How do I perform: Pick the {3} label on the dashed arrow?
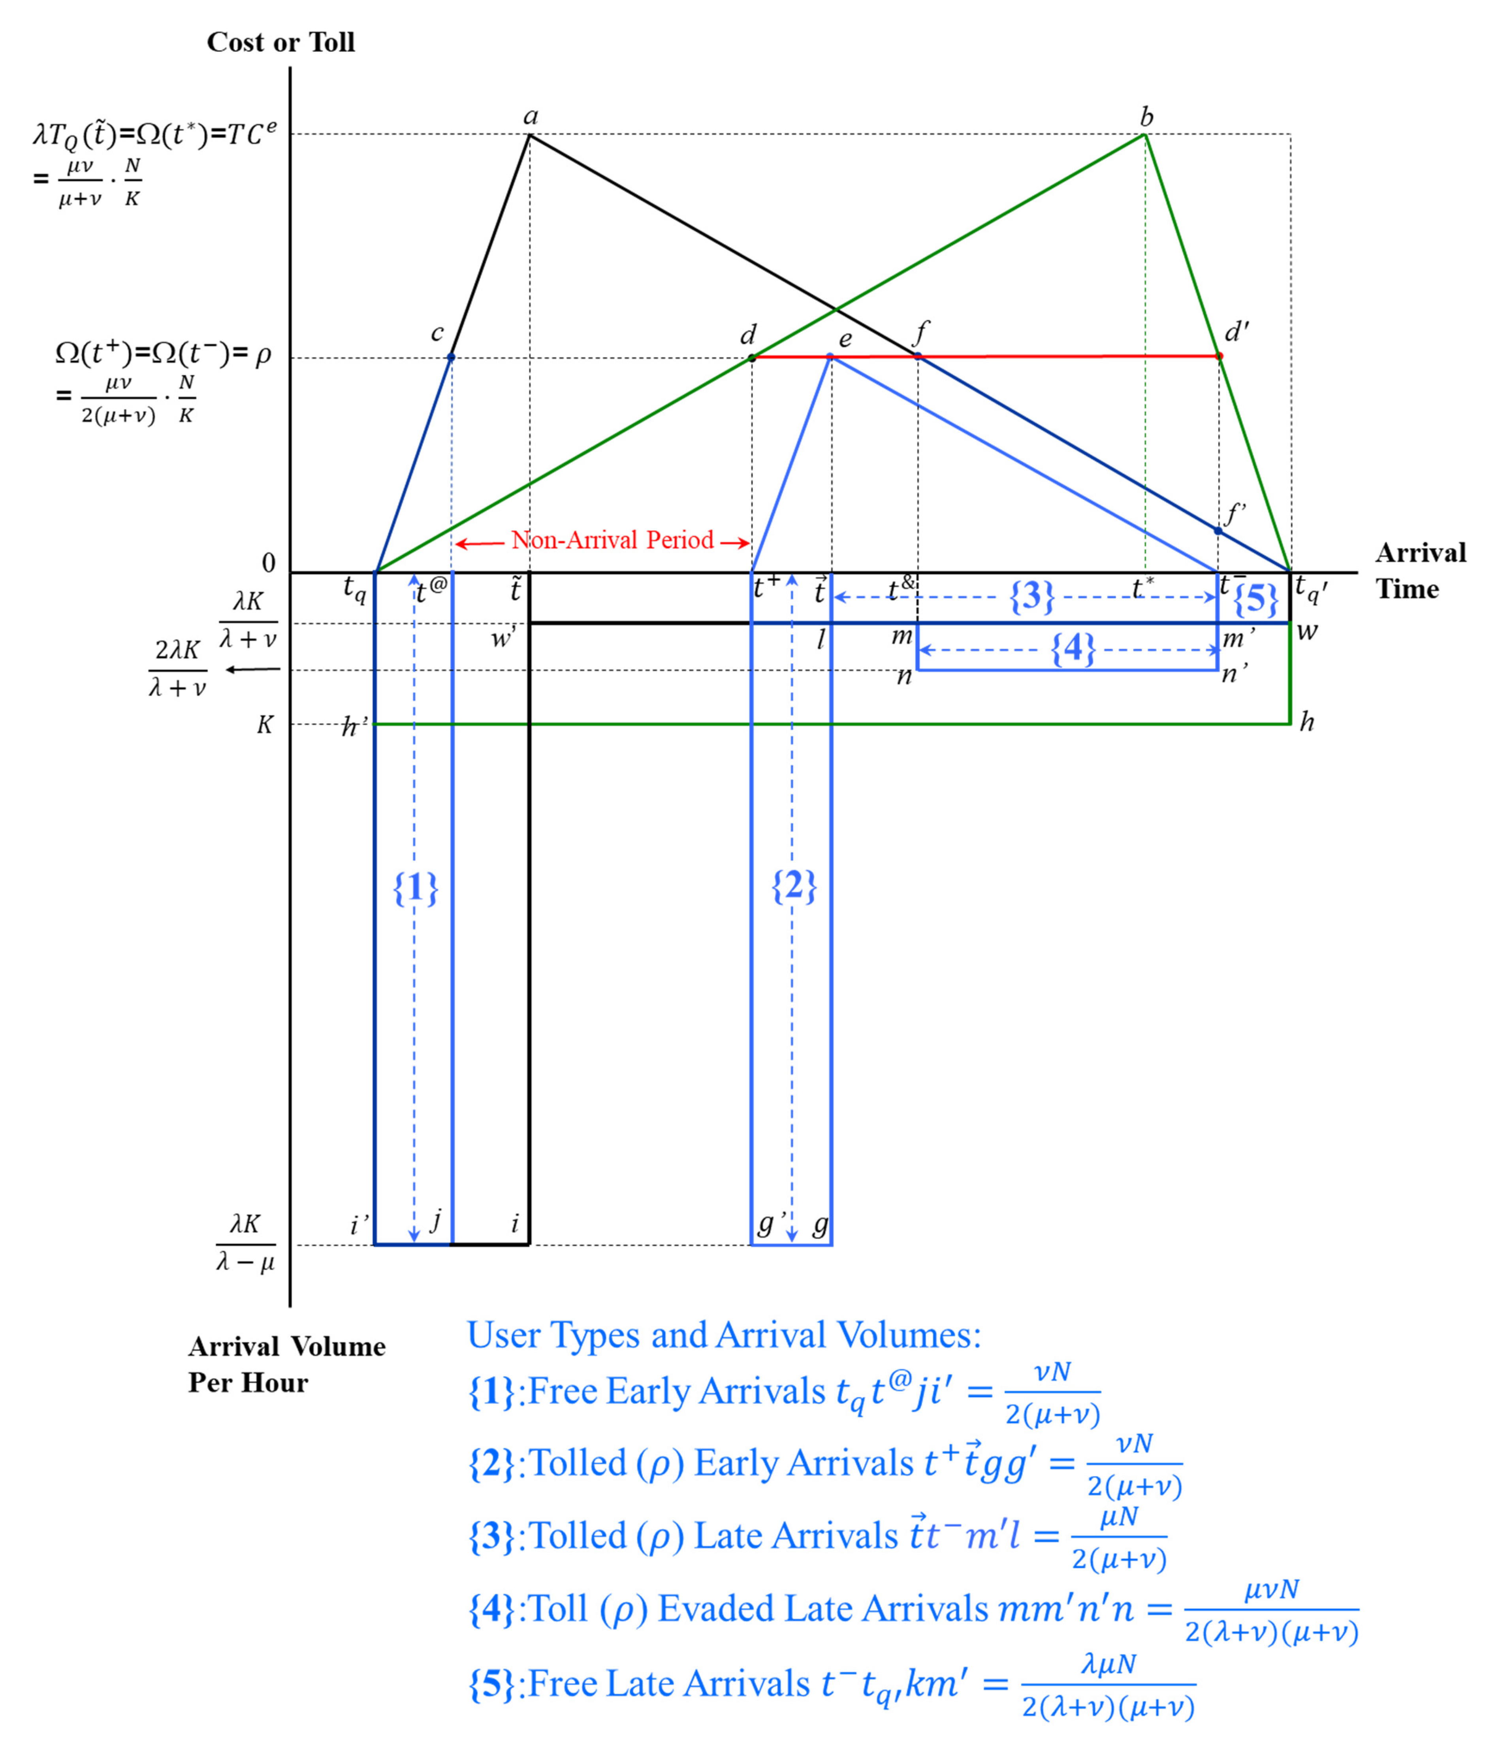coord(1032,597)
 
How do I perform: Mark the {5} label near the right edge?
coord(1255,599)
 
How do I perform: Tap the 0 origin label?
coord(268,563)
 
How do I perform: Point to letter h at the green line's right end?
coord(1306,722)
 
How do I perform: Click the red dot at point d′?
coord(1219,356)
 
